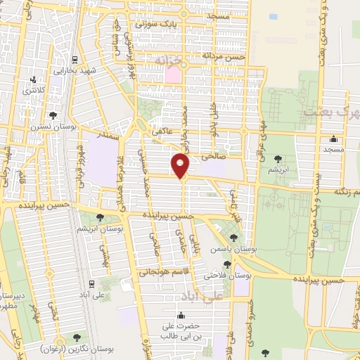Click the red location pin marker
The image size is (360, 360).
(x=181, y=164)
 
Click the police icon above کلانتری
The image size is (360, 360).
(x=32, y=79)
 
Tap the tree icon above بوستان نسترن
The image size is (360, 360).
(x=53, y=115)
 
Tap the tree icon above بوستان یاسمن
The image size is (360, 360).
(x=233, y=238)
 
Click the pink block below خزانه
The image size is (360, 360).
(x=173, y=73)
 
